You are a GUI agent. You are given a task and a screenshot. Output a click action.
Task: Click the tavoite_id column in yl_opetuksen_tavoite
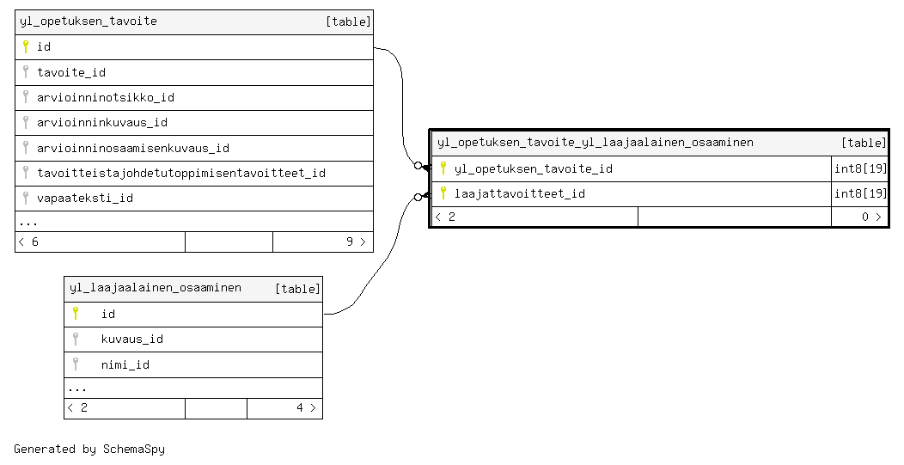click(71, 73)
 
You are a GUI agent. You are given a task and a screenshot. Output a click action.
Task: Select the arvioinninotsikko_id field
click(106, 97)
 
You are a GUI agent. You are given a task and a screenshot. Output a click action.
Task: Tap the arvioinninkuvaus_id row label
click(102, 122)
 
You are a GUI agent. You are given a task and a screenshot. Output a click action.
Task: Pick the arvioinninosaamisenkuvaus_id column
click(133, 149)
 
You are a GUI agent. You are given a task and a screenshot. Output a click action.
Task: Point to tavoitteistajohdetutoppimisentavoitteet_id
click(181, 173)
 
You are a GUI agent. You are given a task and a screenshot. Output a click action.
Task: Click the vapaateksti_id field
click(85, 199)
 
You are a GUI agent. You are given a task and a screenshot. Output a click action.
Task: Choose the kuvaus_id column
click(132, 340)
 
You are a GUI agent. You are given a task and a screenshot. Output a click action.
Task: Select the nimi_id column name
click(125, 364)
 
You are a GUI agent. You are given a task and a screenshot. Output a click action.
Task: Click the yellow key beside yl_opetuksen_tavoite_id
click(443, 168)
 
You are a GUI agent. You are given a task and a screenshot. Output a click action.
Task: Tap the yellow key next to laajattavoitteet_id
click(443, 193)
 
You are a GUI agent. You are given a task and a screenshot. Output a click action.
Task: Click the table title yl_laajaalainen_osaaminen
click(155, 287)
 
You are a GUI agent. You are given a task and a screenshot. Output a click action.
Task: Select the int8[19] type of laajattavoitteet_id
click(860, 193)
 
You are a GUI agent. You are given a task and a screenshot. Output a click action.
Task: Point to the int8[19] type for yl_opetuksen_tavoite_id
click(860, 168)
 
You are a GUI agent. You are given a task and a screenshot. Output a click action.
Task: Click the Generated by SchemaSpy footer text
click(89, 449)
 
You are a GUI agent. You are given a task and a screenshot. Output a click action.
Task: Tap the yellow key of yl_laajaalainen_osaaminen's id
click(76, 313)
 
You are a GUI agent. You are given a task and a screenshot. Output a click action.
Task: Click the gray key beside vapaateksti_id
click(26, 198)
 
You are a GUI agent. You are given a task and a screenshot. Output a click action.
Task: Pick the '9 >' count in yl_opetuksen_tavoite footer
click(356, 242)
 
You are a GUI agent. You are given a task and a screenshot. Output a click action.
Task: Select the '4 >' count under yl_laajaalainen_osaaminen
click(306, 408)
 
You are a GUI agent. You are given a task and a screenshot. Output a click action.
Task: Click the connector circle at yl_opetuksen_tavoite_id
click(418, 166)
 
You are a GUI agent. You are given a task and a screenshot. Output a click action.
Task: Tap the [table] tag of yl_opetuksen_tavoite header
click(348, 21)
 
